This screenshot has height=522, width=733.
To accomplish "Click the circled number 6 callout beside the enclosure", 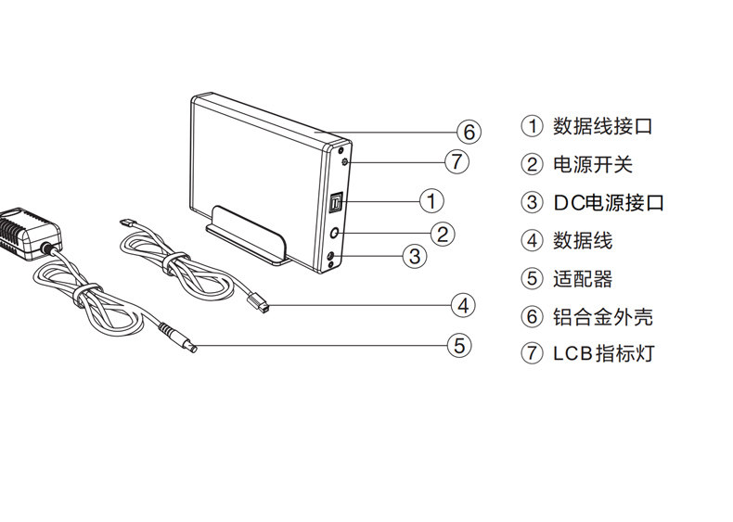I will [469, 133].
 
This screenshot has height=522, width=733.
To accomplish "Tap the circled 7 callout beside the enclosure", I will [456, 162].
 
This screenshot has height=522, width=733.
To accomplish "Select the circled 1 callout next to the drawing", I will [431, 200].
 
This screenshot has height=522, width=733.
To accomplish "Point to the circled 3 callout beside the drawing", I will [415, 256].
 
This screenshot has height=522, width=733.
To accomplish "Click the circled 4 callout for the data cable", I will [464, 304].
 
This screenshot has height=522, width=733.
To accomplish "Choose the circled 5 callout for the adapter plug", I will [459, 347].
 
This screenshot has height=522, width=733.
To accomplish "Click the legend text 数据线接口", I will [602, 126].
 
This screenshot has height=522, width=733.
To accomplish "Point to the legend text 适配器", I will [583, 278].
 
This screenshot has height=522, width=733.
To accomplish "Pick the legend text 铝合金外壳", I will [602, 316].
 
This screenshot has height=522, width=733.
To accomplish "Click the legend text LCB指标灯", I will [604, 353].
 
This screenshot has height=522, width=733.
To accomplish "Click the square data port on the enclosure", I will [337, 201].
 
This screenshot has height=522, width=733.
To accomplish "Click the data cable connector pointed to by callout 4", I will [258, 301].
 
